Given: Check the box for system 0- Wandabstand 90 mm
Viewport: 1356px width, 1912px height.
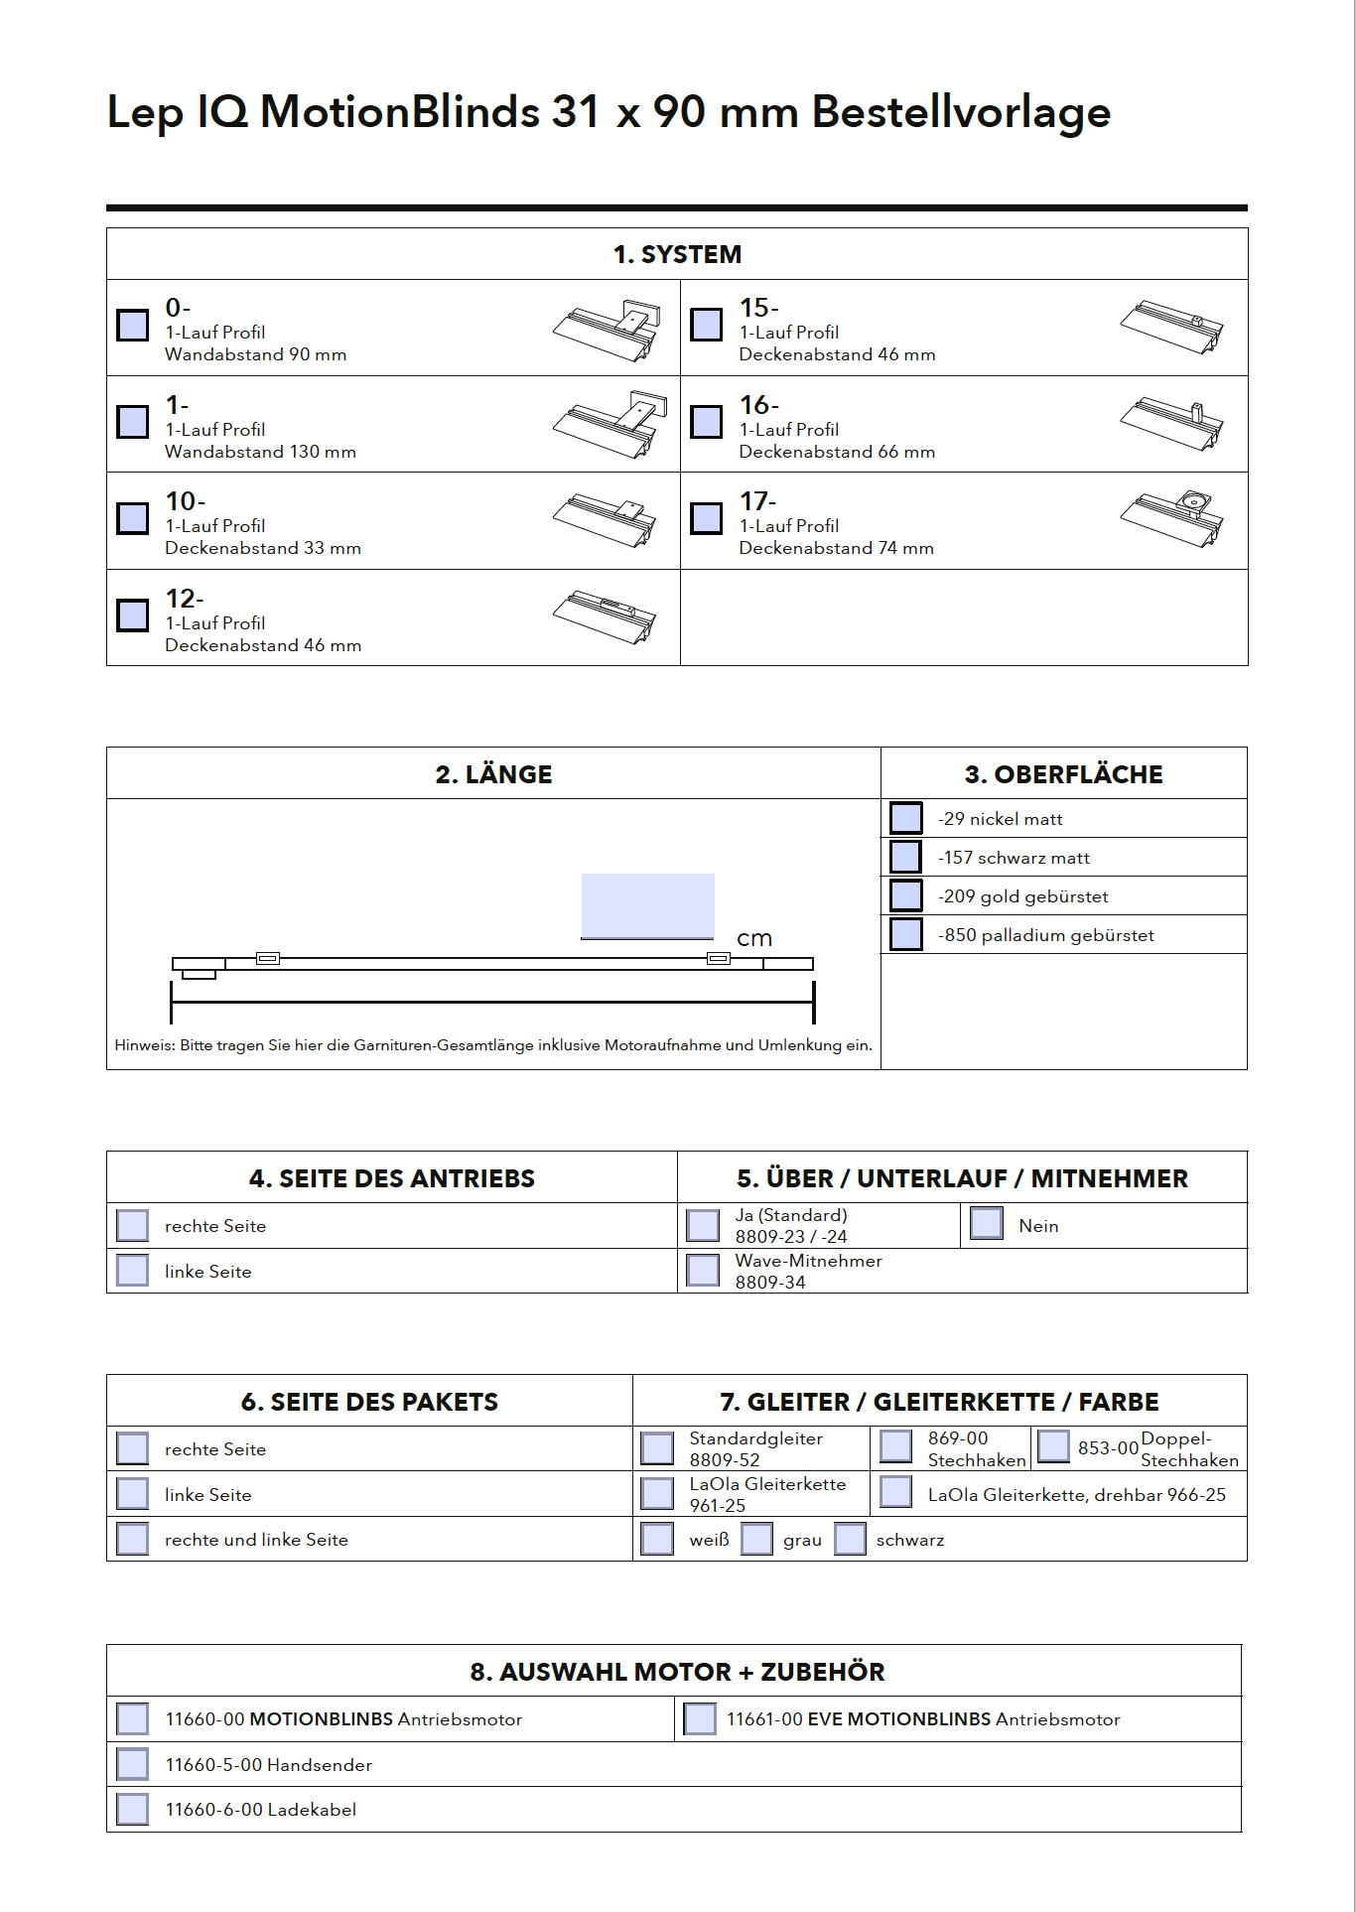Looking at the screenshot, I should point(132,325).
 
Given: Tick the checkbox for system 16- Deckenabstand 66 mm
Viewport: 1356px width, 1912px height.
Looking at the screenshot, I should point(706,421).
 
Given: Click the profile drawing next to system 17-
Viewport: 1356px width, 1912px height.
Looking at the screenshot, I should point(1172,518).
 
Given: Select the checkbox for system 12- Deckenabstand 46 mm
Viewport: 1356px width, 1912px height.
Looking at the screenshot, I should point(132,615).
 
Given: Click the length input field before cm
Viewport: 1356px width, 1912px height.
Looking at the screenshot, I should point(647,905).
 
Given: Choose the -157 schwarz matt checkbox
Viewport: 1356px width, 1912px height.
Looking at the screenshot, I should point(905,857).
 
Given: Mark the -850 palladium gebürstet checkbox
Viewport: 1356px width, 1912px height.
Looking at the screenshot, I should point(905,934).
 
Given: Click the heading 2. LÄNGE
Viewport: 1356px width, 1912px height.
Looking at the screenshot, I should point(493,774).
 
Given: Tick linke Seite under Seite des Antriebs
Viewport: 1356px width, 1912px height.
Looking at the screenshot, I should point(132,1271).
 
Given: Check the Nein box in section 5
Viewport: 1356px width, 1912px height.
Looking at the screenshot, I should point(986,1223).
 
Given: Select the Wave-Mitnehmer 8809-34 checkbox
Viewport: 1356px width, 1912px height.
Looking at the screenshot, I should point(703,1271).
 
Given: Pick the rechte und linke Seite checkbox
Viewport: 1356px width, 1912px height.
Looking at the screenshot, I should point(132,1539).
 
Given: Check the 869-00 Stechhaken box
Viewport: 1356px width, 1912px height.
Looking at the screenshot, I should point(895,1446).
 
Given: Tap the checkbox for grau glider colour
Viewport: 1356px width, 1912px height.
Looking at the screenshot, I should point(756,1539).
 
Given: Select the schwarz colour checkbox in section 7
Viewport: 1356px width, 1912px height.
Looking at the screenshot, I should point(850,1539).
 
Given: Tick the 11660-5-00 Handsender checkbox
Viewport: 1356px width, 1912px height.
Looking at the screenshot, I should point(132,1764).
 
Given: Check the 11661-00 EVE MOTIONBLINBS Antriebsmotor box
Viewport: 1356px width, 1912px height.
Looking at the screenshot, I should point(700,1718).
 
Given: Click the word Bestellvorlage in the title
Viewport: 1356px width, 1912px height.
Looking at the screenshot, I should point(961,112).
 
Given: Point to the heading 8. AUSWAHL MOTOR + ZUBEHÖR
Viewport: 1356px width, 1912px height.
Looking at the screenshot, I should point(677,1672).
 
